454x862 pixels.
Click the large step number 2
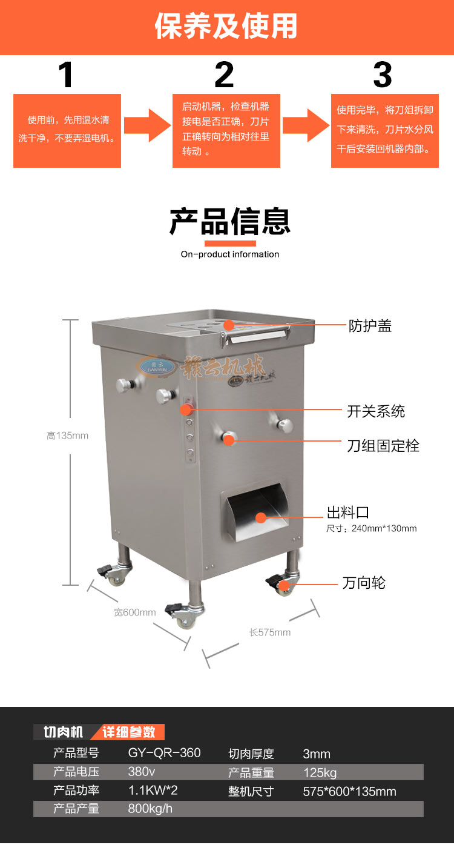click(x=224, y=75)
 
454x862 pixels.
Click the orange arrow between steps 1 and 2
click(x=147, y=125)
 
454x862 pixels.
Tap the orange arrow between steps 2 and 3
click(x=305, y=125)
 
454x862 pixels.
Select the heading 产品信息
click(x=230, y=221)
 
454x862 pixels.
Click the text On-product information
click(x=230, y=254)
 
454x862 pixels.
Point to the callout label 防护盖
click(x=370, y=326)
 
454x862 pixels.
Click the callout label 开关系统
click(x=376, y=411)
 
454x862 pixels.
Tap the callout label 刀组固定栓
click(x=383, y=446)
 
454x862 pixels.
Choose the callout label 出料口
click(x=348, y=513)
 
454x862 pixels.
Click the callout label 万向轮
click(x=364, y=583)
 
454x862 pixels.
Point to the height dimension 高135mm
click(x=67, y=436)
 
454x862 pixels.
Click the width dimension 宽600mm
click(x=135, y=612)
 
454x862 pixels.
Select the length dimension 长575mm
click(x=270, y=632)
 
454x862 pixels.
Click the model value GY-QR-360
click(x=164, y=753)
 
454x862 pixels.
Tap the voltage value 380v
click(x=142, y=772)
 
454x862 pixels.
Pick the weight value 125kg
click(x=320, y=772)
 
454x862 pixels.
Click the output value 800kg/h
click(x=150, y=809)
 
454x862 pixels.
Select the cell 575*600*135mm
click(x=349, y=791)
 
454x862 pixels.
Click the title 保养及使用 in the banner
click(x=226, y=26)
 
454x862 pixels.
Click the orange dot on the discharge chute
click(x=261, y=518)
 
